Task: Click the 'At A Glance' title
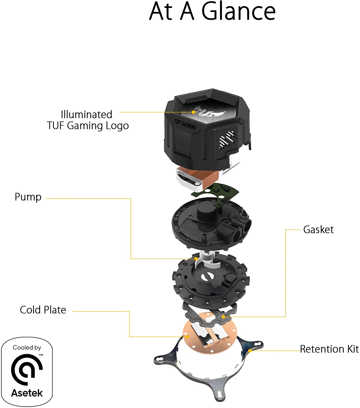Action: click(x=212, y=11)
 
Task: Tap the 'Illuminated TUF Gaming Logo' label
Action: click(x=87, y=120)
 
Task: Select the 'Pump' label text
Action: click(x=28, y=197)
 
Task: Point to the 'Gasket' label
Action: click(x=318, y=230)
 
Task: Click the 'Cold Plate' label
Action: click(x=43, y=310)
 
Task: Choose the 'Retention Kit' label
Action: click(x=329, y=349)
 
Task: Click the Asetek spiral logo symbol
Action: click(x=27, y=369)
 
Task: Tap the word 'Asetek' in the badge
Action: click(x=27, y=393)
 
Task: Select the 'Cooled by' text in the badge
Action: click(x=27, y=348)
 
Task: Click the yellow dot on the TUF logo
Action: click(x=193, y=112)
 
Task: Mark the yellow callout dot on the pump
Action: click(x=196, y=259)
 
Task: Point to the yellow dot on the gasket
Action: click(x=223, y=317)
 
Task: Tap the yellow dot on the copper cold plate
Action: click(x=187, y=337)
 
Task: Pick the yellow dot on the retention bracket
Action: click(x=250, y=351)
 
